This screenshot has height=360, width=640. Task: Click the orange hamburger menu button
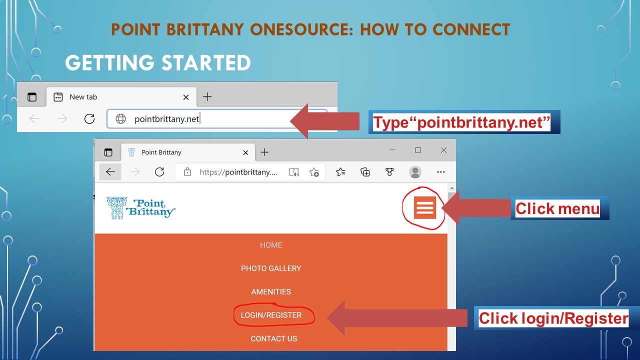[425, 207]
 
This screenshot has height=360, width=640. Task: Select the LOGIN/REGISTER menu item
[271, 315]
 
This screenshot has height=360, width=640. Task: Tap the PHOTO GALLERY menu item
[271, 268]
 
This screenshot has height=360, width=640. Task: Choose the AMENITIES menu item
[271, 291]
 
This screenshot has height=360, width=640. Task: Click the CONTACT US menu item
[273, 338]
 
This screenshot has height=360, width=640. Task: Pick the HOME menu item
[271, 245]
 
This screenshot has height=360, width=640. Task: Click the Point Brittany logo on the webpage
[141, 208]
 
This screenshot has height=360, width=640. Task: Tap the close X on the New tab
[186, 97]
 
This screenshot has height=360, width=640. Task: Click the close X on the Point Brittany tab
[245, 152]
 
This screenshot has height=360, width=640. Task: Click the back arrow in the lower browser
[110, 171]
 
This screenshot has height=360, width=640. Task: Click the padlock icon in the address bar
[187, 171]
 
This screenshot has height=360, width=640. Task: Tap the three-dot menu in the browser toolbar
[441, 171]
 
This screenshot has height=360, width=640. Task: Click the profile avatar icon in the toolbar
[415, 172]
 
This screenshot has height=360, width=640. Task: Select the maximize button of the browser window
[418, 150]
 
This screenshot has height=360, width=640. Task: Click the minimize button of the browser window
[392, 149]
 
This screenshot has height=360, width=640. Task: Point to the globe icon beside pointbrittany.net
[120, 118]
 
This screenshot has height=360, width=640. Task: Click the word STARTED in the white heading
[206, 63]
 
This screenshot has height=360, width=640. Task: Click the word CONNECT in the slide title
[471, 29]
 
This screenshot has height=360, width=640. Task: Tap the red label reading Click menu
[557, 208]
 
